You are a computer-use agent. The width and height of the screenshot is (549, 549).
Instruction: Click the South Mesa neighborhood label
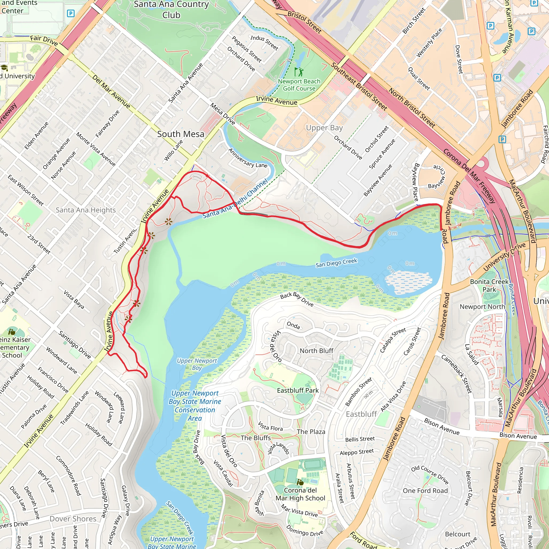point(180,134)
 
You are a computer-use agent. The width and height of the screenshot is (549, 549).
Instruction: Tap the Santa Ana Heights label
point(86,210)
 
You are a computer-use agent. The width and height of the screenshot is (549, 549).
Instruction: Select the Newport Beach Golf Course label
point(299,85)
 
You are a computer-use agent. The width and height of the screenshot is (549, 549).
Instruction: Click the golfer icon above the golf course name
point(299,72)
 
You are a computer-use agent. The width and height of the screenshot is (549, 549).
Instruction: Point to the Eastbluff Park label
point(298,390)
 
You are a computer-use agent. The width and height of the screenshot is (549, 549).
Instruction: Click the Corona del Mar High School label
point(300,494)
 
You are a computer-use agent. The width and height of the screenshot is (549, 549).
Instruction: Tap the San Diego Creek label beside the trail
point(336,263)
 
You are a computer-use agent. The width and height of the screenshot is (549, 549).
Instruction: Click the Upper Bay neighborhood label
point(324,128)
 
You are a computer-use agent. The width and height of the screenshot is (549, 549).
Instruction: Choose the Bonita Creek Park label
point(489,285)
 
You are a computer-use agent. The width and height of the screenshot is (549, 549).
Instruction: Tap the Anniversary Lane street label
point(248,158)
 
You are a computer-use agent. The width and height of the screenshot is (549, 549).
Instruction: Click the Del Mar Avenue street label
point(111,91)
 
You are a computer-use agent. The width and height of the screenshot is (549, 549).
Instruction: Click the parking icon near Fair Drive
point(71,13)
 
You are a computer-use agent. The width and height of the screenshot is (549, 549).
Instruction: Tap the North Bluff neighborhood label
point(316,351)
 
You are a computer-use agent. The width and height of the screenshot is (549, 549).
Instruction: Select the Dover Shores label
point(73,519)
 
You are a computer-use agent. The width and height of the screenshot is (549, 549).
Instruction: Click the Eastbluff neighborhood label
point(361,414)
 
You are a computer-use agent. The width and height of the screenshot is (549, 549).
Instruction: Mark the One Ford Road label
point(425,491)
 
